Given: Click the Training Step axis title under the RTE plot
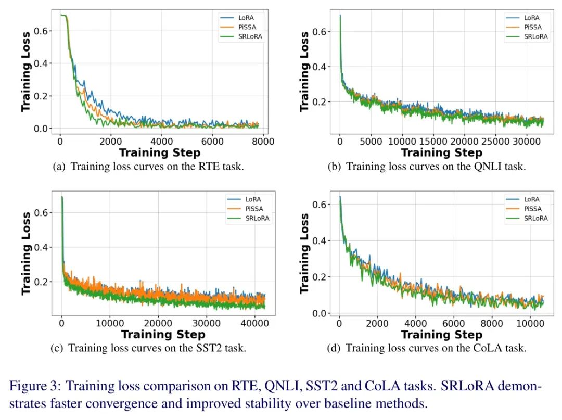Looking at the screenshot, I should [159, 152].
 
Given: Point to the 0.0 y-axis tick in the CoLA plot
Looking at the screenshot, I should [322, 313].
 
